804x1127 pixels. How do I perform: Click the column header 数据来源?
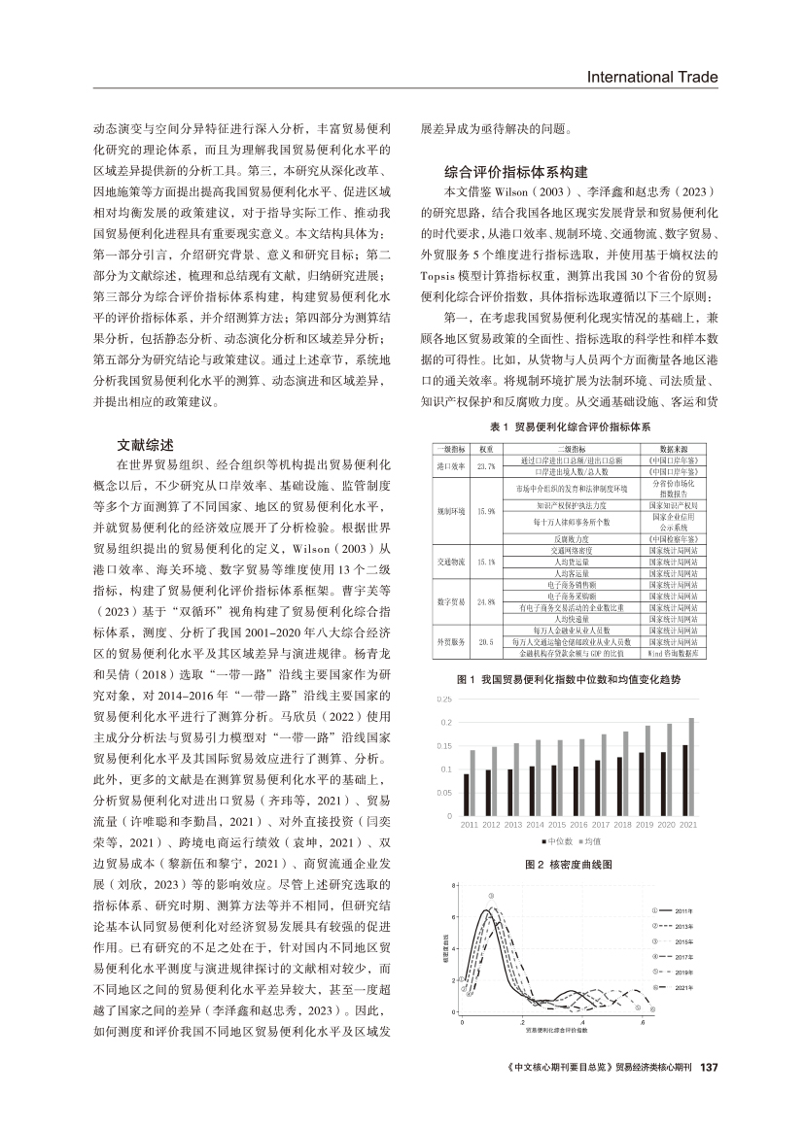[674, 450]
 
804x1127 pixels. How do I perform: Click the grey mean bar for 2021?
[691, 767]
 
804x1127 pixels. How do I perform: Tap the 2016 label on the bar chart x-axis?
[579, 824]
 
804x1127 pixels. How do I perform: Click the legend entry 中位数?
[558, 840]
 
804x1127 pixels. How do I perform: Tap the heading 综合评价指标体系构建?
[515, 170]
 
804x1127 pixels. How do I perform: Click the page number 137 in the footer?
[708, 1066]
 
